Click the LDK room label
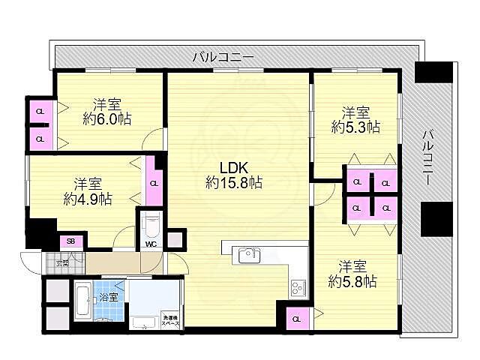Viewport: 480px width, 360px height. click(x=234, y=167)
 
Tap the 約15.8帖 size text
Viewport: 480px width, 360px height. click(x=234, y=182)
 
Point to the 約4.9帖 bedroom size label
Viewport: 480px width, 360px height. click(x=88, y=199)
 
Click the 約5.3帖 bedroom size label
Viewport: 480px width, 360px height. click(x=355, y=127)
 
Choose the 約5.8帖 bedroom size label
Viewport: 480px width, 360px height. click(x=352, y=281)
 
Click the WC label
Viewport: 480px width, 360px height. click(x=150, y=244)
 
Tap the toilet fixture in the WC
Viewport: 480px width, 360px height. click(x=151, y=224)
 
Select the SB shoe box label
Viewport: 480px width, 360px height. click(x=71, y=241)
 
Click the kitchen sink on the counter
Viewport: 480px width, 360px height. click(x=249, y=256)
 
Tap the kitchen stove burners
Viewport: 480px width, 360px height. click(x=298, y=287)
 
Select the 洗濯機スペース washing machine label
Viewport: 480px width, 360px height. click(x=171, y=320)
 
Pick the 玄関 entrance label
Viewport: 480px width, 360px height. click(x=64, y=262)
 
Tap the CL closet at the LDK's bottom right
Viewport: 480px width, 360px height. click(x=296, y=319)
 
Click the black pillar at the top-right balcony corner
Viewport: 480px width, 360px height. click(x=434, y=73)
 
